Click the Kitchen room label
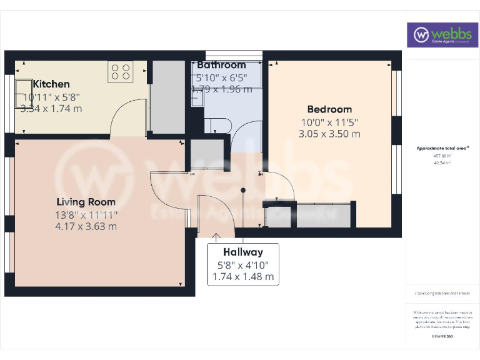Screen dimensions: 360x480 [51, 84]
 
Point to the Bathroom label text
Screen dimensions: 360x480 [221, 65]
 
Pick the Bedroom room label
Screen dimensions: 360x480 [329, 109]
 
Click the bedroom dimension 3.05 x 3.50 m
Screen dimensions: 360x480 [329, 134]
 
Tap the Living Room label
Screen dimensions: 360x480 [86, 202]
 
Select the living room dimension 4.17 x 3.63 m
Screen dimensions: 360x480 [86, 226]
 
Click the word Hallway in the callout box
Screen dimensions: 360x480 [243, 252]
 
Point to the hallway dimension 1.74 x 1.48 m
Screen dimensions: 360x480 [243, 276]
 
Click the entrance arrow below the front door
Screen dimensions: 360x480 [217, 237]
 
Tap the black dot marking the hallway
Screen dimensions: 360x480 [243, 191]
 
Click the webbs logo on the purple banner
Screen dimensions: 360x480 [442, 35]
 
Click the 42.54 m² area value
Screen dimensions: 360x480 [442, 162]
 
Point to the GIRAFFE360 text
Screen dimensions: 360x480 [442, 337]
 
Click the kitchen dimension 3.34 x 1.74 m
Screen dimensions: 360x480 [51, 108]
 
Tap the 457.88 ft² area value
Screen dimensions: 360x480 [442, 156]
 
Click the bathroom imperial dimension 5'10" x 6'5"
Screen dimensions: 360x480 [221, 77]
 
